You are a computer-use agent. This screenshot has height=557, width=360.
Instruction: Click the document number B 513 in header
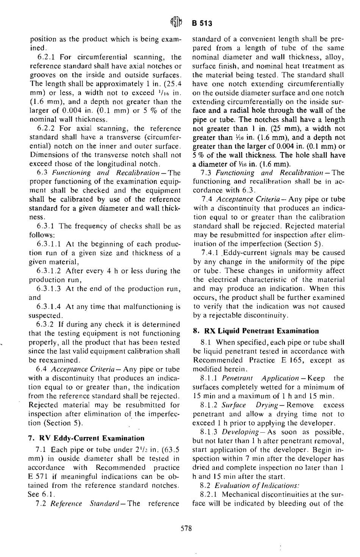pos(202,24)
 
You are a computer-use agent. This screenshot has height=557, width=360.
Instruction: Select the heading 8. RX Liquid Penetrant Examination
pos(256,331)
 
